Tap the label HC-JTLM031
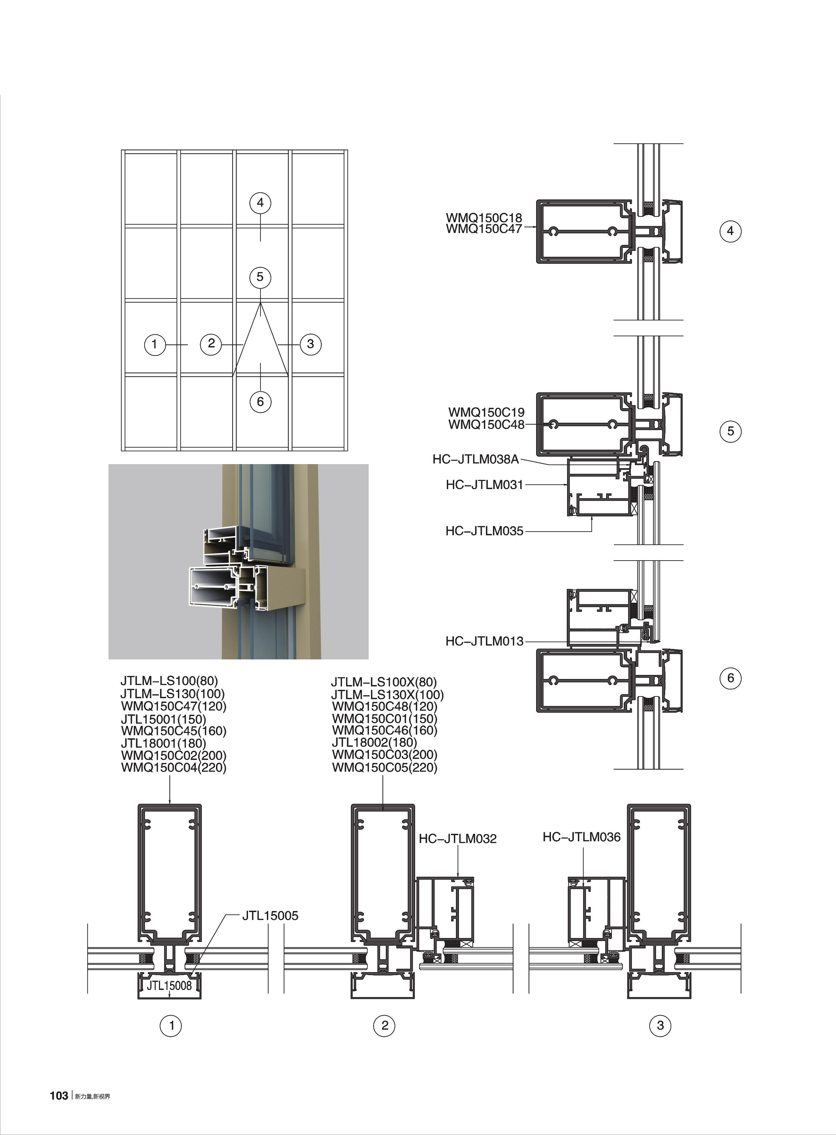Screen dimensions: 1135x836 484,485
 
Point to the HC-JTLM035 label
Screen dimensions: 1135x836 484,531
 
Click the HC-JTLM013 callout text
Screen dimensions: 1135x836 484,641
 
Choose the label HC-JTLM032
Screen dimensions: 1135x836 458,839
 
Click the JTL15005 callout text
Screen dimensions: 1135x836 270,916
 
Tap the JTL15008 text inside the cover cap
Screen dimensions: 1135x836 169,986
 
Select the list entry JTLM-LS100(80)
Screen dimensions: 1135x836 169,681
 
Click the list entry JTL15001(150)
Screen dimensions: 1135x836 163,719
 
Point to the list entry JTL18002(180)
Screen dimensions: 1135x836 374,742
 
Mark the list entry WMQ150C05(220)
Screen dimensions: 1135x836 384,767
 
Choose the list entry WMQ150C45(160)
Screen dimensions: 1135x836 174,731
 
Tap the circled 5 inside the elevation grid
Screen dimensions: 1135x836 260,277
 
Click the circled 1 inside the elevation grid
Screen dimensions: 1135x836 154,345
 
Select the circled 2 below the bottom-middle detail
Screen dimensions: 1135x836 384,1026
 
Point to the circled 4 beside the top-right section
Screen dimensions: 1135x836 730,231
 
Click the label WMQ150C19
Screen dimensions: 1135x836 486,412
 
